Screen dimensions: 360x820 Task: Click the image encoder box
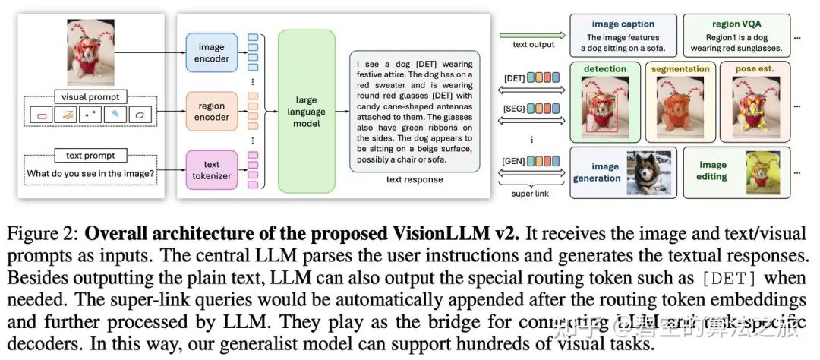click(212, 53)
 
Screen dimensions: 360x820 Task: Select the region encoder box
click(212, 112)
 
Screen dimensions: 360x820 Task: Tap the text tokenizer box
click(212, 170)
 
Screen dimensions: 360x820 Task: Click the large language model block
click(306, 112)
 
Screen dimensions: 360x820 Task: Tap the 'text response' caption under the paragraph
click(414, 179)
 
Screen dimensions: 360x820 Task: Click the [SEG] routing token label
click(513, 110)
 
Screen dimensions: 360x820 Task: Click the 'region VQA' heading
click(736, 24)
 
